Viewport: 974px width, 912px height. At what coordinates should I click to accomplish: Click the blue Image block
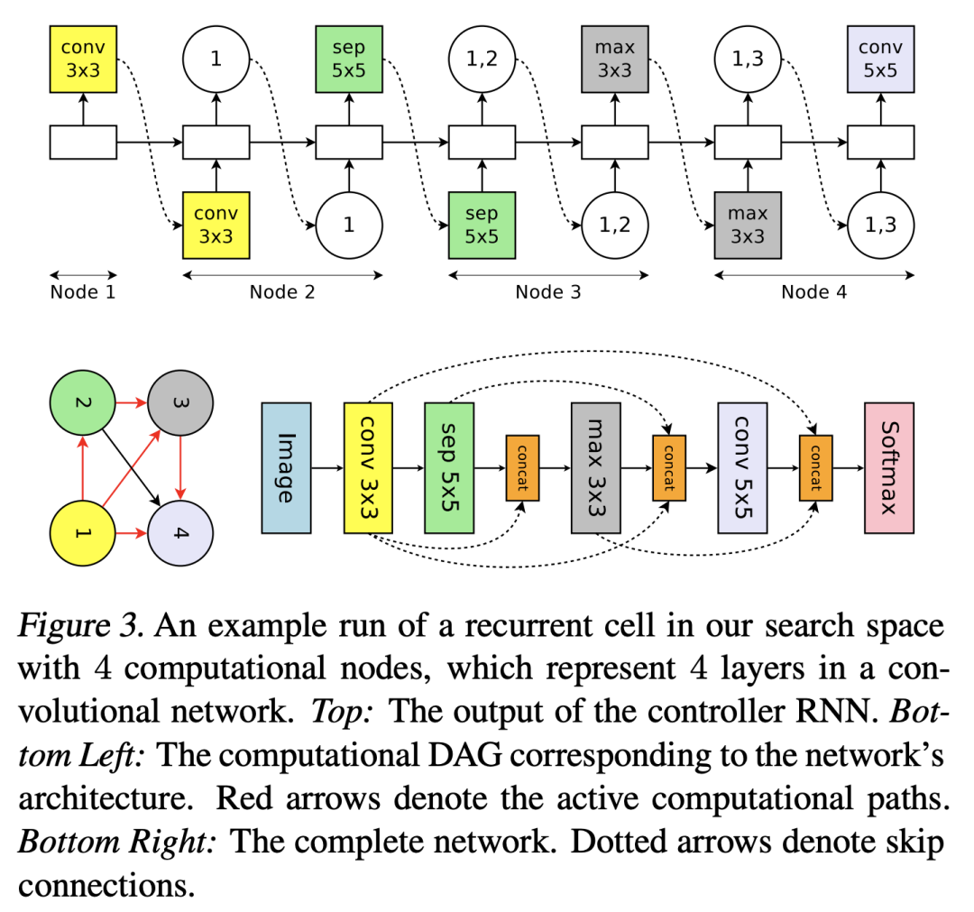(x=286, y=467)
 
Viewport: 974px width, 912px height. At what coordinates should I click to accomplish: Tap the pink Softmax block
(x=889, y=467)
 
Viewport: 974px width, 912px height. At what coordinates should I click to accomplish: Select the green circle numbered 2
(x=83, y=402)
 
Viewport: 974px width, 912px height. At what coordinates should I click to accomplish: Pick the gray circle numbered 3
(x=180, y=402)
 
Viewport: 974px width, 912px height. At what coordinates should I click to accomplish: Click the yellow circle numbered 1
(x=83, y=532)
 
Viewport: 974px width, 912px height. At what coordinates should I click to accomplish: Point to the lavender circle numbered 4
(x=180, y=532)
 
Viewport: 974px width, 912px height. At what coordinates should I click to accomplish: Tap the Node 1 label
(x=83, y=291)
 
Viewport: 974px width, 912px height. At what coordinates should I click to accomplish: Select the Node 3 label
(x=548, y=291)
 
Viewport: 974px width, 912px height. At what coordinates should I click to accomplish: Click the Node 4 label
(x=813, y=291)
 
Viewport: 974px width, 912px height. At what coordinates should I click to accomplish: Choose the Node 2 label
(x=282, y=291)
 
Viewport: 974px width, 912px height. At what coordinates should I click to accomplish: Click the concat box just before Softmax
(x=814, y=467)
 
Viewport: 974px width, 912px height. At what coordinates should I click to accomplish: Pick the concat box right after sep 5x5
(x=522, y=467)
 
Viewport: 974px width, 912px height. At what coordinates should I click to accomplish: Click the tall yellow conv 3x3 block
(x=371, y=467)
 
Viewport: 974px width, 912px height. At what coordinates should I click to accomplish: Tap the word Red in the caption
(x=242, y=799)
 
